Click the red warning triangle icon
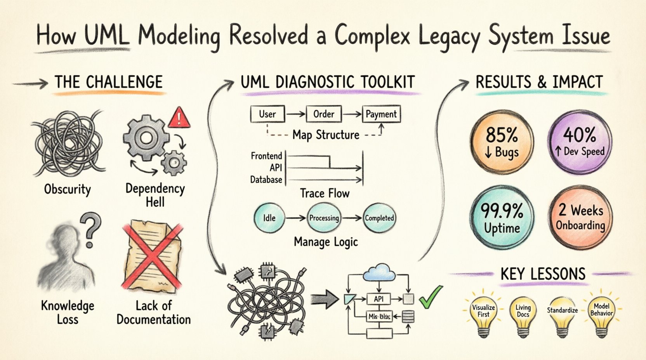coord(179,118)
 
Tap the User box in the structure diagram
coord(267,114)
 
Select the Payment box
coord(381,114)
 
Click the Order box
coord(323,114)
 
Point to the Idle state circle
coord(269,218)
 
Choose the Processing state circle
coord(324,218)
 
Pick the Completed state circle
coord(379,218)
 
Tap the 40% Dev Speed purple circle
coord(579,142)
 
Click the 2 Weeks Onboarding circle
coord(580,217)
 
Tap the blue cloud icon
coord(379,272)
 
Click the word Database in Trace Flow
coord(266,180)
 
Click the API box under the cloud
coord(379,299)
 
